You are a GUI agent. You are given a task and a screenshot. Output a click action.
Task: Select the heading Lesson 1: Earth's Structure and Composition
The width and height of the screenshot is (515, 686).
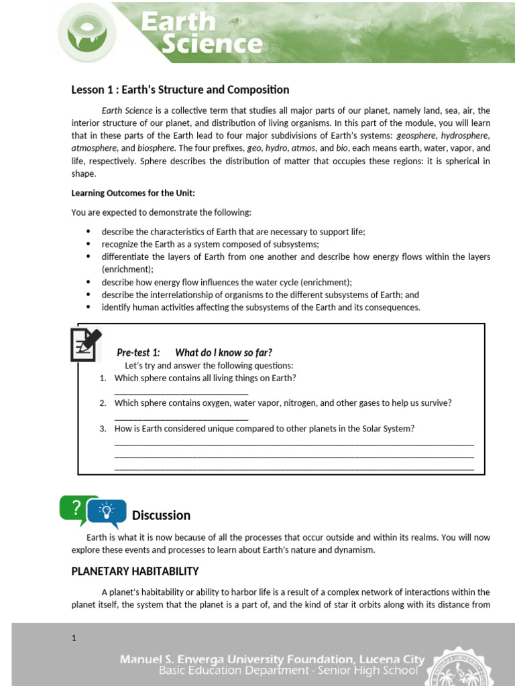(180, 90)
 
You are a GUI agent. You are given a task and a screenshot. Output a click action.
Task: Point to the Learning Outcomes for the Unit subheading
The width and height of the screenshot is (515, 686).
(133, 193)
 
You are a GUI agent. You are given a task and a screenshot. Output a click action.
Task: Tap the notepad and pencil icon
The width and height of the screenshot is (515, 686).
(86, 344)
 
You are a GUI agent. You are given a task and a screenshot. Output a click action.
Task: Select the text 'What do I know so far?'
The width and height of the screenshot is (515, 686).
(223, 352)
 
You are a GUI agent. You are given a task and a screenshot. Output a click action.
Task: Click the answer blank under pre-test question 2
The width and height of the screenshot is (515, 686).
(181, 419)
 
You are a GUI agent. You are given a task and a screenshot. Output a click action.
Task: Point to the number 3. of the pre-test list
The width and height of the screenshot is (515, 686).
(103, 429)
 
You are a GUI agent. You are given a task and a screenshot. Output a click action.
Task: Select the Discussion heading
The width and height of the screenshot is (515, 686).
(161, 515)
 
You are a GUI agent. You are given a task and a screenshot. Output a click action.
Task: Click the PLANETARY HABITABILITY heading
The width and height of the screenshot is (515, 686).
(135, 571)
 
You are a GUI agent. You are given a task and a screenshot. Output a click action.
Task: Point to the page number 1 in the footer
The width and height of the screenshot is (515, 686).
(74, 638)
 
